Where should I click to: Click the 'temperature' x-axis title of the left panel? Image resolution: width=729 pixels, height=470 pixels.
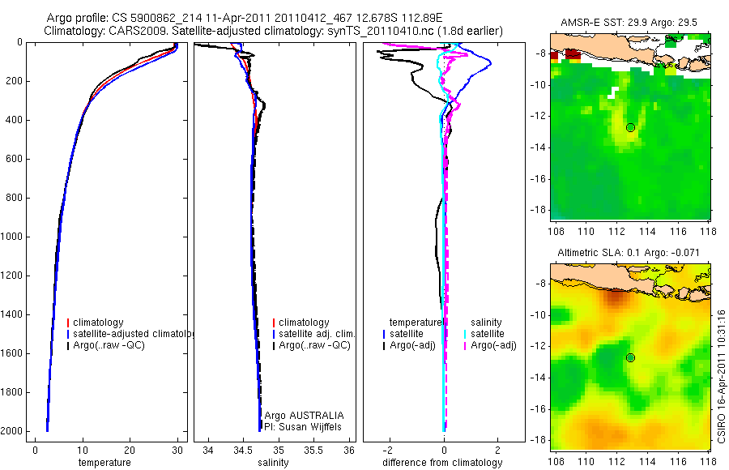(x=104, y=463)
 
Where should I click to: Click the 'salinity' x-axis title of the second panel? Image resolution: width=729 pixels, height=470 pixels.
(x=273, y=463)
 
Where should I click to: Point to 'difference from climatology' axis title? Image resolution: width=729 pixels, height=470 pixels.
(x=444, y=463)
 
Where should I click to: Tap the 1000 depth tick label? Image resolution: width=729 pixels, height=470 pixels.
(x=15, y=237)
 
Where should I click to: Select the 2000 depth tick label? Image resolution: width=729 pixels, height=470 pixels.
(x=15, y=431)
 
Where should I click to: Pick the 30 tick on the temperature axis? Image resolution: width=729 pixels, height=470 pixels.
(x=177, y=450)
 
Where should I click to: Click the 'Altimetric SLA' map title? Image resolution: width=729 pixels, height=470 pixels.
(x=629, y=254)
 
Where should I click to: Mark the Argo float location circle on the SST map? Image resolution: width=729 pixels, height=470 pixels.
(x=630, y=127)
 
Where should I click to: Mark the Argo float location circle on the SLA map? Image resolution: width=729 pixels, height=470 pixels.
(x=630, y=357)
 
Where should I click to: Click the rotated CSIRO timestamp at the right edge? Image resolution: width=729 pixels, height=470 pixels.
(x=721, y=374)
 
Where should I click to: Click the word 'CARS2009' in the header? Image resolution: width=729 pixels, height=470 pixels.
(x=130, y=31)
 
